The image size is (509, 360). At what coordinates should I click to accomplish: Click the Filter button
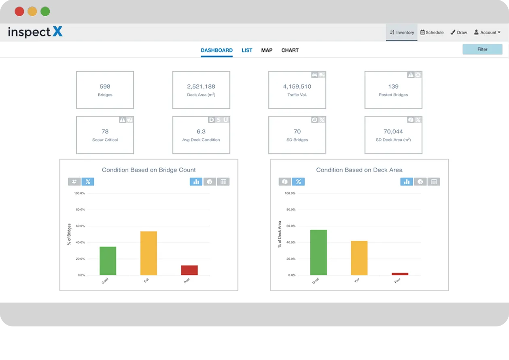coord(482,49)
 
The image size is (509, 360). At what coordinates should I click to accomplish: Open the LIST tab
coord(247,50)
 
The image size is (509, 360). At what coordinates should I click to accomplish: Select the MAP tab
coord(267,50)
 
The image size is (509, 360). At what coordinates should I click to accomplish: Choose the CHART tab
coord(290,50)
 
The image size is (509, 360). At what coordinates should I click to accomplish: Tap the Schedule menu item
coord(432,32)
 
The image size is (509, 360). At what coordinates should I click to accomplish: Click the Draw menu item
coord(459,32)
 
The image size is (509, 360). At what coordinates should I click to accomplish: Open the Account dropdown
coord(487,32)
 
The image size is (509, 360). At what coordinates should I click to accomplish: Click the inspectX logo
coord(35,32)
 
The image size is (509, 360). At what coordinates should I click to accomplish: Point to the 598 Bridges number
coord(105,86)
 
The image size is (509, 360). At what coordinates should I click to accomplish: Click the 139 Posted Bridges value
coord(393,86)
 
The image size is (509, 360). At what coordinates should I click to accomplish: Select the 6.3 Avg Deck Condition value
coord(201,131)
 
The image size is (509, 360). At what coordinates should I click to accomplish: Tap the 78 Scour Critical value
coord(105,131)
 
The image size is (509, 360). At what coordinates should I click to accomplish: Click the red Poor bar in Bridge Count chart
coord(189,270)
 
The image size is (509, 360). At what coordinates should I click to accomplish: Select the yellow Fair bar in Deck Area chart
coord(359,258)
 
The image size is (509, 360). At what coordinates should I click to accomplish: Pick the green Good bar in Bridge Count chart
coord(108,261)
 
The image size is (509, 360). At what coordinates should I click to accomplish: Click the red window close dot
coord(19,11)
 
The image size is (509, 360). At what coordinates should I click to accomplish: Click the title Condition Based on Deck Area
coord(359,170)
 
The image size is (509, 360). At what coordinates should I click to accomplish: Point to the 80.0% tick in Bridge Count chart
coord(79,210)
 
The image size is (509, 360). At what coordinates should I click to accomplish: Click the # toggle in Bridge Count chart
coord(74,182)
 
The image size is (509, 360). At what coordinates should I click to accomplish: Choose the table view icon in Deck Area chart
coord(434,182)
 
